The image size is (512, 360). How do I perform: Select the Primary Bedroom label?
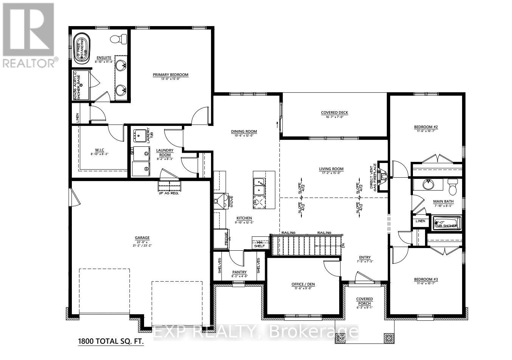170,75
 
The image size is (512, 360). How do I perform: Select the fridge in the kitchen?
220,239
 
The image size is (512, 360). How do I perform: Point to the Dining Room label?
244,132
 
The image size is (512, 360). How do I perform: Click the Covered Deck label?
334,113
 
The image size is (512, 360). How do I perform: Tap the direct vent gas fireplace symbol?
383,176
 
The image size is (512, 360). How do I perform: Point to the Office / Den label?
303,284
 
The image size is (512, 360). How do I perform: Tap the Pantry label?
239,272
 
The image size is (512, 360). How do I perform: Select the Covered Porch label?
365,301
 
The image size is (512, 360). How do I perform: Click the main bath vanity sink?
428,185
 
